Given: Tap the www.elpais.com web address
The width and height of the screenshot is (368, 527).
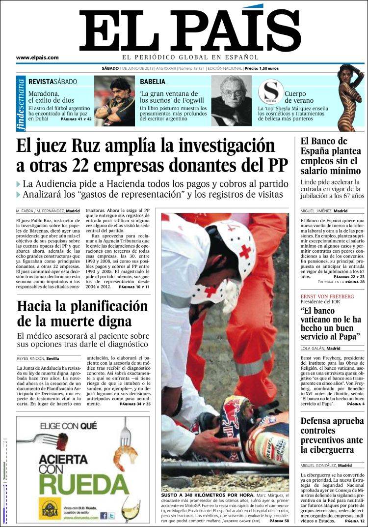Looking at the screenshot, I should (37, 58).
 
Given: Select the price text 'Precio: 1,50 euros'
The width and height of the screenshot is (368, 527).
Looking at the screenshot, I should (262, 69).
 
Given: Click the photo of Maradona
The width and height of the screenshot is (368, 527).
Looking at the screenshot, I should (114, 101).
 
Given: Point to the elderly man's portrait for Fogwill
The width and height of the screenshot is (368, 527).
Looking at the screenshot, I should (231, 101).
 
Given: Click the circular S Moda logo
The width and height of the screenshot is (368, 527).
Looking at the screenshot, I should (271, 91).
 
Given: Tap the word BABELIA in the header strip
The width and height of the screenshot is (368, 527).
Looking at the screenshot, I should (153, 82).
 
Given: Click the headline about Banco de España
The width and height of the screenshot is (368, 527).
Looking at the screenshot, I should (330, 156).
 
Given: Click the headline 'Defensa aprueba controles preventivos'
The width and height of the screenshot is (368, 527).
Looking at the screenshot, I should (332, 435).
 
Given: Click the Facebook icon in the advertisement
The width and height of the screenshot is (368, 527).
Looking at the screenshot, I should (104, 516).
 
